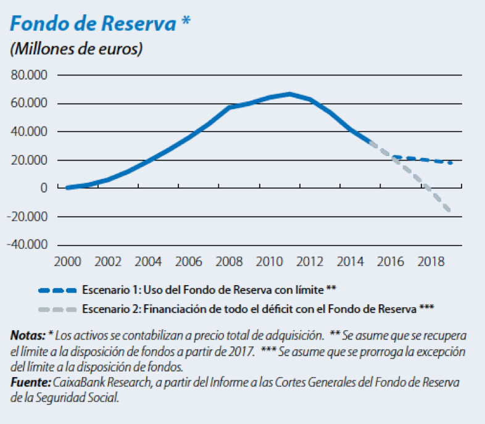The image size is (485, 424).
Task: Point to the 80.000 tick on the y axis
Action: (x=30, y=75)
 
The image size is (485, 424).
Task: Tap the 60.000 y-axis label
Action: (x=30, y=104)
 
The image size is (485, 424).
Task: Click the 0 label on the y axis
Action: (x=44, y=188)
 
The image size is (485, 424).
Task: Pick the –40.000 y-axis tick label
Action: (x=28, y=245)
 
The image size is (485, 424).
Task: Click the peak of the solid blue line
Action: (x=290, y=94)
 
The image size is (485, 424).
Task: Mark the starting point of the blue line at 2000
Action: (x=67, y=188)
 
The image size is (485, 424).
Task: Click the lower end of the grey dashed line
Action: (x=450, y=212)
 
